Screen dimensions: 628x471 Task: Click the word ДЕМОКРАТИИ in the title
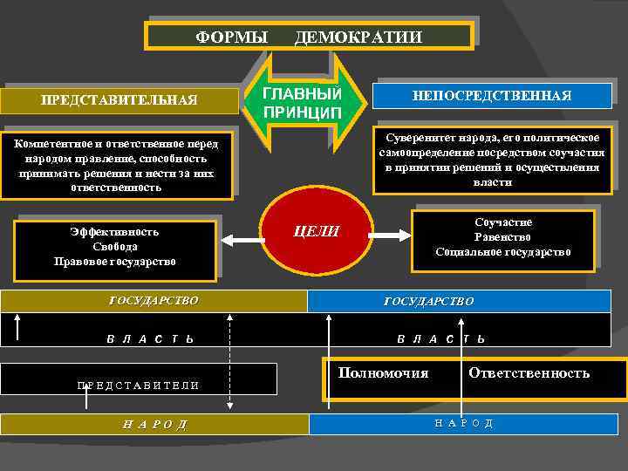[x=358, y=37]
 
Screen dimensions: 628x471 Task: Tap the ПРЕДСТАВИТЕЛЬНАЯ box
[x=119, y=99]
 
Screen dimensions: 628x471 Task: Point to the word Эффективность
[x=114, y=232]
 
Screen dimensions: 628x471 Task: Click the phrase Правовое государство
[x=114, y=261]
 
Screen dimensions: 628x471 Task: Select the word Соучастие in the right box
[x=503, y=222]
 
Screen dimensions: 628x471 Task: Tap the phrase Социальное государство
[x=503, y=252]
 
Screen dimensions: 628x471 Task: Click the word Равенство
[x=503, y=237]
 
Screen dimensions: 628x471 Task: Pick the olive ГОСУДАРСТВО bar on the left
[x=154, y=301]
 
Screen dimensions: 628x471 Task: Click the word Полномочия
[x=383, y=373]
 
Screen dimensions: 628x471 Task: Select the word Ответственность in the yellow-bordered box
[x=529, y=373]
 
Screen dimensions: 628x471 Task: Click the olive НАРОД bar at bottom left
[x=154, y=425]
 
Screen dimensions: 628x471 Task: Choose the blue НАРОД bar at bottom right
[x=463, y=423]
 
